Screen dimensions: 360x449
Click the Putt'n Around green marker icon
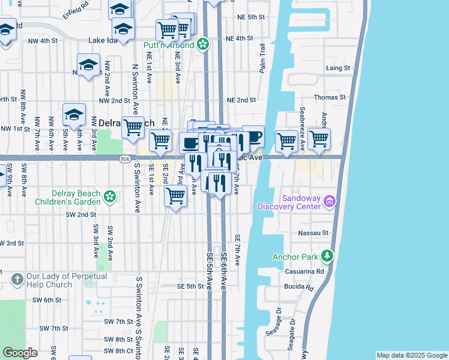203,44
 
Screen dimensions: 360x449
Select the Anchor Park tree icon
327,256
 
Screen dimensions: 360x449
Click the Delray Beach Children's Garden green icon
109,196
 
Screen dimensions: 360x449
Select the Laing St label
337,68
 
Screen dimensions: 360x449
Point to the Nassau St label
318,233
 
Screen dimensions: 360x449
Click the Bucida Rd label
301,287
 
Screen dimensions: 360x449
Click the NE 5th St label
250,17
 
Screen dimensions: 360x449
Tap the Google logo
20,353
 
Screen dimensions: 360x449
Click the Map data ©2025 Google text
411,355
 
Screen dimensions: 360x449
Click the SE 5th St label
190,286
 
